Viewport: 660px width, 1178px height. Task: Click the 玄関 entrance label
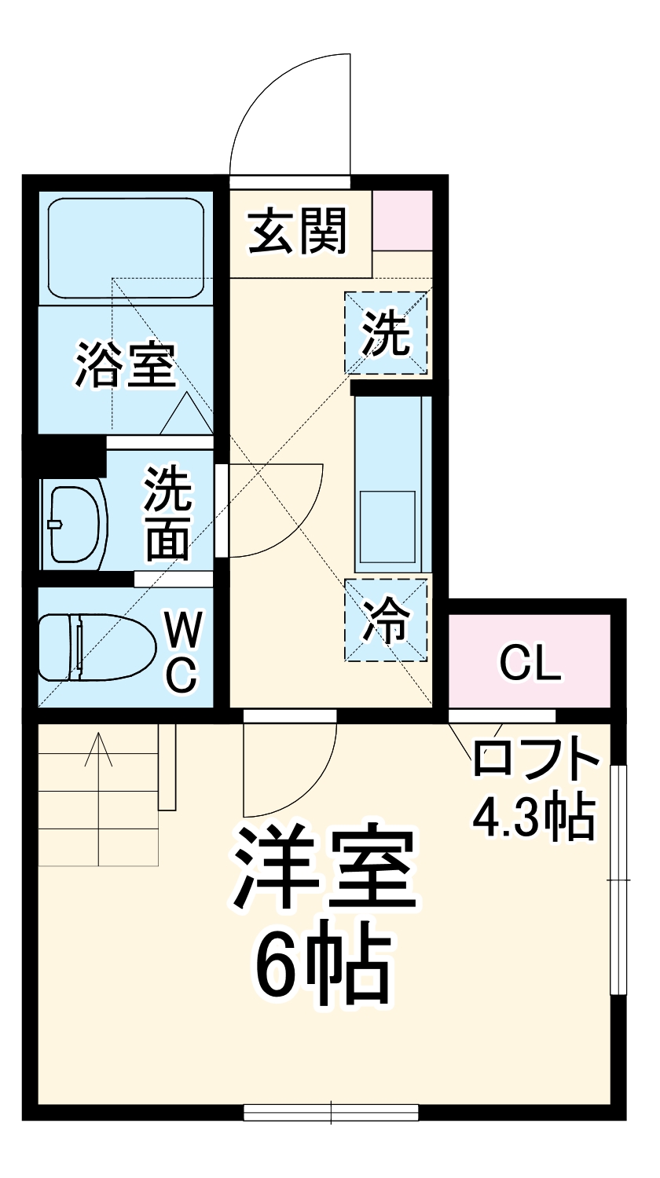298,232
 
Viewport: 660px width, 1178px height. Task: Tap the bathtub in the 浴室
126,247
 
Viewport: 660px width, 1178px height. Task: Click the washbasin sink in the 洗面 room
75,524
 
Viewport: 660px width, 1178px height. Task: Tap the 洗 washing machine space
386,332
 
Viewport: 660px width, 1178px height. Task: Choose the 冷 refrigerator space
386,620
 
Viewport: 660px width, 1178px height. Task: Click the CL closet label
530,664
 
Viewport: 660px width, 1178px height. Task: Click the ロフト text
534,760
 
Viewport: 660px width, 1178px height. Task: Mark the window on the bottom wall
330,1112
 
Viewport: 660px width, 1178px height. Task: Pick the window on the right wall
619,879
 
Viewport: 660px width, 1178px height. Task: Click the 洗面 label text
167,514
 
